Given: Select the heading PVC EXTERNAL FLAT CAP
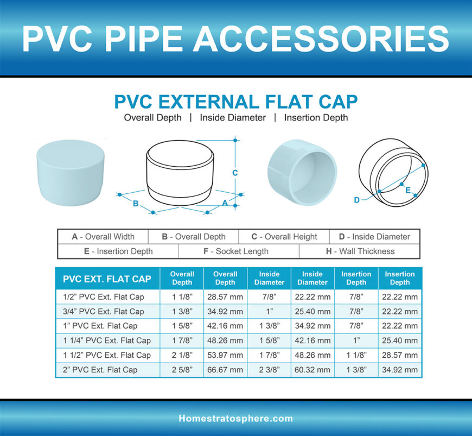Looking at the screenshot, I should click(235, 102).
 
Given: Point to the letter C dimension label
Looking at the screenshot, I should click(235, 173).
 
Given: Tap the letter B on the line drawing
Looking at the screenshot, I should click(136, 204).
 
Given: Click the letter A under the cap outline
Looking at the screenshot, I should click(225, 202).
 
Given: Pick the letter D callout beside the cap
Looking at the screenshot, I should click(356, 200).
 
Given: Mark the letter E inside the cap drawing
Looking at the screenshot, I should click(407, 191).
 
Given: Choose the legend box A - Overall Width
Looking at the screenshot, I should click(103, 237).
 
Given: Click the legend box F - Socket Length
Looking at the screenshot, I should click(239, 251).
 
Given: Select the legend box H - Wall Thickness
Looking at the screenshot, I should click(359, 251).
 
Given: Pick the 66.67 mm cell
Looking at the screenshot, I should click(225, 370).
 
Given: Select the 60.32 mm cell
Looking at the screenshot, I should click(312, 370).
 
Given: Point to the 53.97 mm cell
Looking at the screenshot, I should click(225, 355).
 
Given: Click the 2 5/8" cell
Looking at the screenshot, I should click(182, 370).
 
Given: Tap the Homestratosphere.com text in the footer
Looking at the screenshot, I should click(235, 419).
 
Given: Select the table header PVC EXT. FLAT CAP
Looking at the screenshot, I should click(107, 279).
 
